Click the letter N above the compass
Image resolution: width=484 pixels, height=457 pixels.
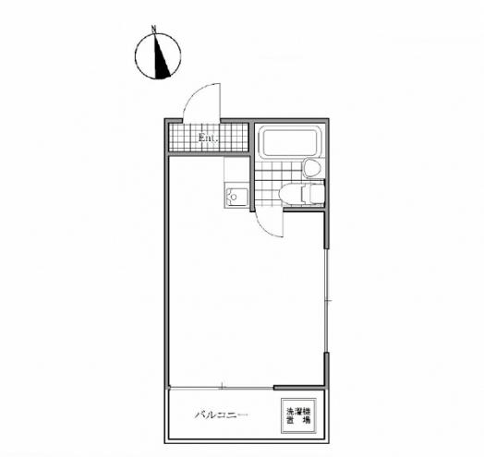click(x=153, y=29)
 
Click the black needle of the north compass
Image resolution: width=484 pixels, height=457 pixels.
click(x=161, y=59)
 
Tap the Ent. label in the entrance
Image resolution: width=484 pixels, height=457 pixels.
click(x=209, y=138)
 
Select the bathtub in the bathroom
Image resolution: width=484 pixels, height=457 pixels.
click(x=289, y=141)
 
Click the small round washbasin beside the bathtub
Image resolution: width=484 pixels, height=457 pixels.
click(x=312, y=168)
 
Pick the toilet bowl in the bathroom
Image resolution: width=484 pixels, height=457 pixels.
click(x=292, y=194)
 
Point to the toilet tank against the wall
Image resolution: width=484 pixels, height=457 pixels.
click(x=317, y=193)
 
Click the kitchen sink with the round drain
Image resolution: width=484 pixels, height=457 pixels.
click(x=236, y=197)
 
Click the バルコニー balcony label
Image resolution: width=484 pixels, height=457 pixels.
click(x=221, y=415)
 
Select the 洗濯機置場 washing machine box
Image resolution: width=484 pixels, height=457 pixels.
click(x=298, y=415)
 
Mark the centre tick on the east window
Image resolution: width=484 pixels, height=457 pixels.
click(x=329, y=300)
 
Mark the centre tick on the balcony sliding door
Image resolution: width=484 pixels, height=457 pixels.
click(x=223, y=386)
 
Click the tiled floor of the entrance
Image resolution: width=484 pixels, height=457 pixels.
click(x=209, y=138)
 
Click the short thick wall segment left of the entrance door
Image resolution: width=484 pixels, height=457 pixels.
click(x=174, y=121)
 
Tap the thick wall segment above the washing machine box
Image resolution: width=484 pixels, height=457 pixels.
click(x=298, y=388)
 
